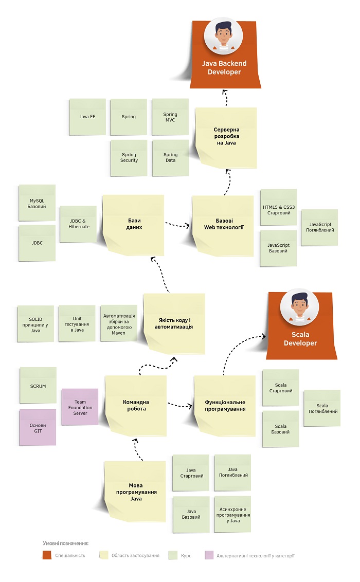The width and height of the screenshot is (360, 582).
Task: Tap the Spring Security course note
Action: click(x=129, y=158)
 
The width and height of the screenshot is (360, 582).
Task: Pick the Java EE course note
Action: click(x=87, y=117)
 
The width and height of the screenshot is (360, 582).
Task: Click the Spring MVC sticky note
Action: click(x=170, y=117)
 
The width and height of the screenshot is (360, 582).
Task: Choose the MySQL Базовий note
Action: click(x=37, y=203)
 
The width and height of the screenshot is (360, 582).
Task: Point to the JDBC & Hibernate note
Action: click(x=79, y=224)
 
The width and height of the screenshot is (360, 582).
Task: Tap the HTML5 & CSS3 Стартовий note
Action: click(x=278, y=207)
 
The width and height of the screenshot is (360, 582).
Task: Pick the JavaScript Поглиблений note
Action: click(x=319, y=227)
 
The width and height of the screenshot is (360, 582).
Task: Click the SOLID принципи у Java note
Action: click(x=35, y=324)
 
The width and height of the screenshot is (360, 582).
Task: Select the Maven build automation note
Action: click(x=119, y=323)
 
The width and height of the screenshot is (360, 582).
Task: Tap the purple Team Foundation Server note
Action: click(x=80, y=407)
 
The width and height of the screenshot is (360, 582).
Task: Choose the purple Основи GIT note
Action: click(x=38, y=427)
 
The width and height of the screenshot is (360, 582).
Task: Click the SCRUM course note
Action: click(x=38, y=386)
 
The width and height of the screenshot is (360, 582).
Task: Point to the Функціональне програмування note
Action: click(x=225, y=406)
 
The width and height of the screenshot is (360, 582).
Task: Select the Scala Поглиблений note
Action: click(x=322, y=408)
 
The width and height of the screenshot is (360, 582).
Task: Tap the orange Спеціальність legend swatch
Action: click(x=47, y=555)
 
